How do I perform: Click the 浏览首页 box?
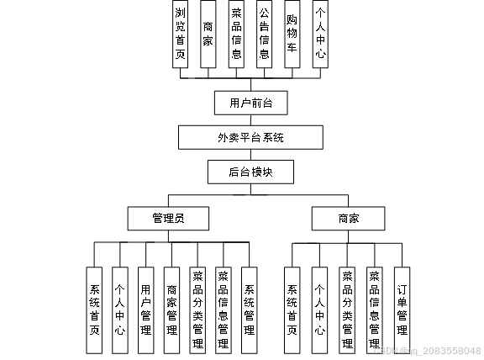pos(180,34)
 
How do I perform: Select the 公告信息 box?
pos(264,34)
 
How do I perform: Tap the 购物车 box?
pos(292,34)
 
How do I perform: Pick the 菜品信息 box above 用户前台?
pos(236,34)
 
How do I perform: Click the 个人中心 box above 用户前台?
pos(319,34)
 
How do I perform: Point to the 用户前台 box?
pos(251,103)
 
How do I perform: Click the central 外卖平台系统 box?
pos(250,137)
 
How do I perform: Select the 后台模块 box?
pos(250,172)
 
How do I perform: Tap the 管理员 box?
pos(168,219)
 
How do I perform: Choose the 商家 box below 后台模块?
pos(348,219)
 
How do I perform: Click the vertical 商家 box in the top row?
pos(208,34)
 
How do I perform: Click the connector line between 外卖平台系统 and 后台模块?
pos(250,154)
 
